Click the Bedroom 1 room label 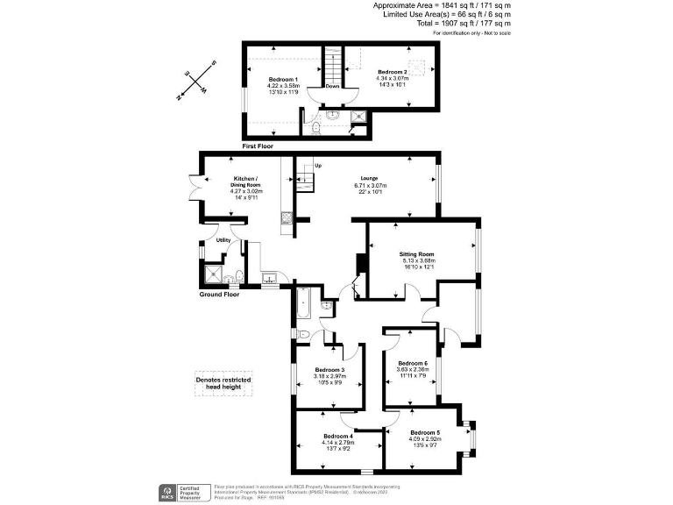click(x=284, y=80)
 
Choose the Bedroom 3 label click(x=329, y=370)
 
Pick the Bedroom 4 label click(x=337, y=437)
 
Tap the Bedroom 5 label click(x=425, y=433)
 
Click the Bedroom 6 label click(x=413, y=363)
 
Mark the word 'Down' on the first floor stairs click(x=332, y=86)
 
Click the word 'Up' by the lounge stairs click(x=318, y=166)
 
